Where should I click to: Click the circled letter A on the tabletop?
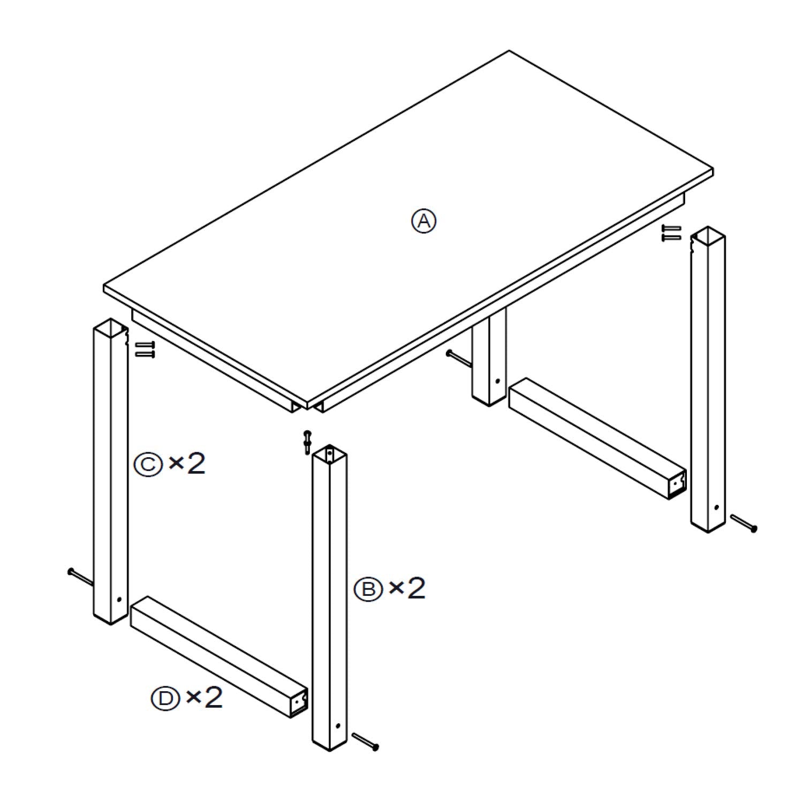click(x=423, y=221)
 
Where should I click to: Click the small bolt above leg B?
click(x=307, y=442)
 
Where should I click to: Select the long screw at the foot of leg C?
click(x=80, y=577)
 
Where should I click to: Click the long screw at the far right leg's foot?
click(x=744, y=522)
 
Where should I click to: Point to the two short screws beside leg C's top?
click(x=144, y=349)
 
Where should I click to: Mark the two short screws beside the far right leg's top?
click(x=672, y=232)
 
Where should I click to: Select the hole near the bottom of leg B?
click(x=338, y=726)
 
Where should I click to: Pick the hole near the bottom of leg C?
click(x=119, y=600)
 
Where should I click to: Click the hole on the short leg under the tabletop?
click(x=497, y=382)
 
